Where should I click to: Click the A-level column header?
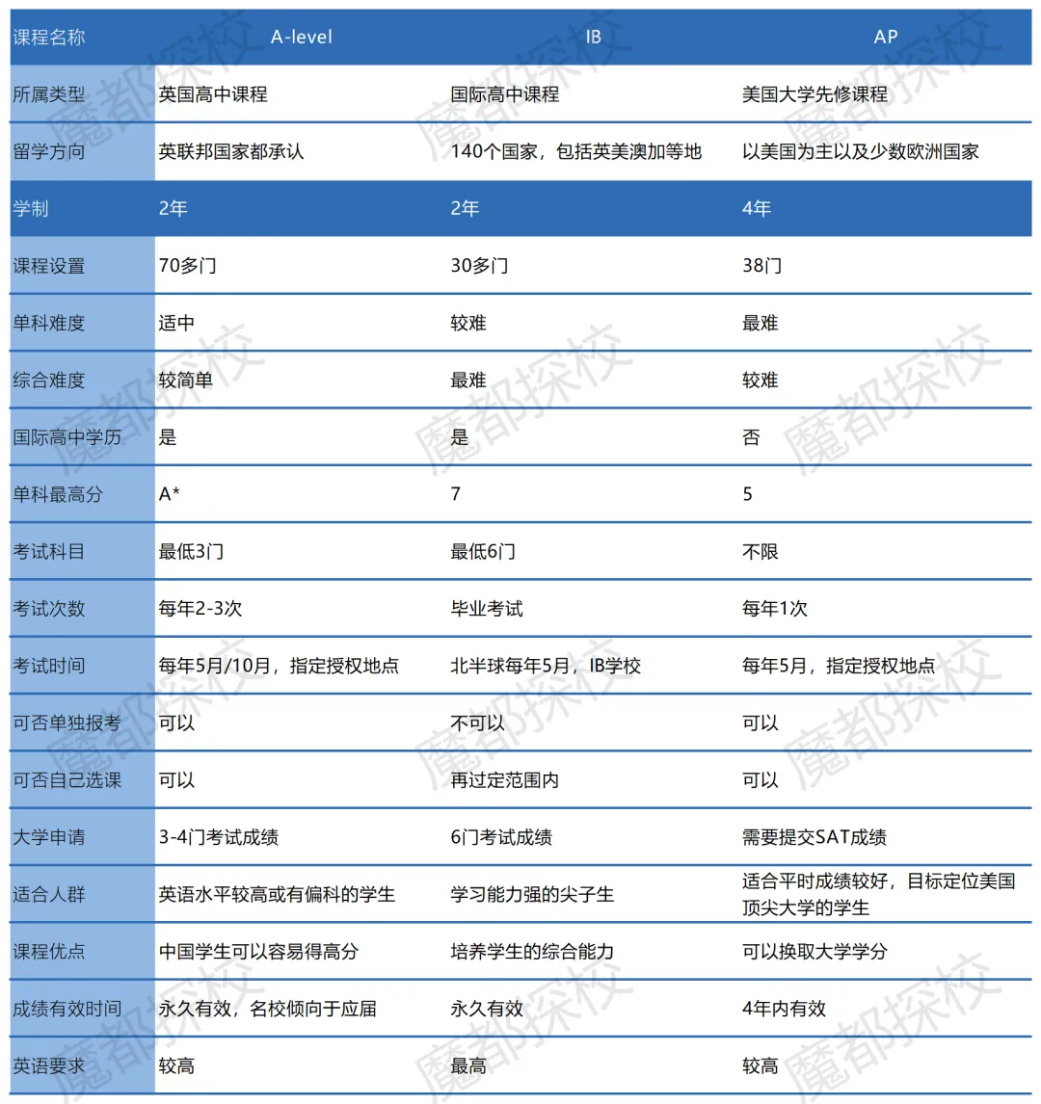[302, 38]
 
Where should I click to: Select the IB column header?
[594, 38]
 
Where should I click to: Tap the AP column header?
[885, 38]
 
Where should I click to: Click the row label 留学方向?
[49, 151]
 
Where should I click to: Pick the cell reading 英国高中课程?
[213, 94]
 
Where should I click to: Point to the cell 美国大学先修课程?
[814, 94]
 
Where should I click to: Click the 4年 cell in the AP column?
[757, 209]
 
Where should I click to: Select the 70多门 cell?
[187, 266]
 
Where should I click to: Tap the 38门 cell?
[761, 266]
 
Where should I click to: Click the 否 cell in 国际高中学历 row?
[752, 437]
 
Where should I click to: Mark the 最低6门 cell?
[483, 552]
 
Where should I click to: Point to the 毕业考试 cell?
[487, 609]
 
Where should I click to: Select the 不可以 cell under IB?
[477, 723]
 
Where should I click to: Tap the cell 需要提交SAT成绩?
[814, 837]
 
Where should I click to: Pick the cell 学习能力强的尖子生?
[532, 894]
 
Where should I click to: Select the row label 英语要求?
[49, 1065]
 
